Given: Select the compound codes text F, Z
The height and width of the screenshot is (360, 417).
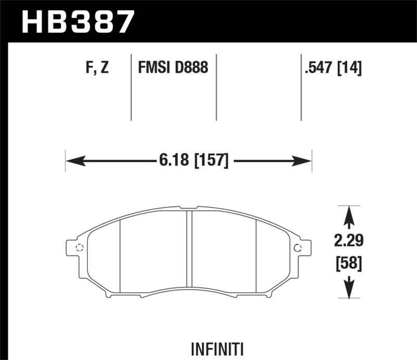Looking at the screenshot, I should [95, 68].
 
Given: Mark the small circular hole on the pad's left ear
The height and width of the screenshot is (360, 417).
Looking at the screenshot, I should [80, 247].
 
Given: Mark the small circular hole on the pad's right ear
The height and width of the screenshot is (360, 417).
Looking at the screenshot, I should [298, 247].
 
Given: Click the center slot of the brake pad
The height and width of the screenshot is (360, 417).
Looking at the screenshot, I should [190, 250].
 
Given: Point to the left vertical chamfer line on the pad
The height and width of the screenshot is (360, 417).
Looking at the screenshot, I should [120, 255].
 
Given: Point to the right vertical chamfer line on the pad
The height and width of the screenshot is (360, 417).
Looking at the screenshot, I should [257, 255].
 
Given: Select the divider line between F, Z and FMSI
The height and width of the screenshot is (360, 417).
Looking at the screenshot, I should [130, 86].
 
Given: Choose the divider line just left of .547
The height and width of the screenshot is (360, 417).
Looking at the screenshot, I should [301, 86].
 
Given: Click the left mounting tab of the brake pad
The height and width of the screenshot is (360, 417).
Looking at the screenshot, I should [74, 247].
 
